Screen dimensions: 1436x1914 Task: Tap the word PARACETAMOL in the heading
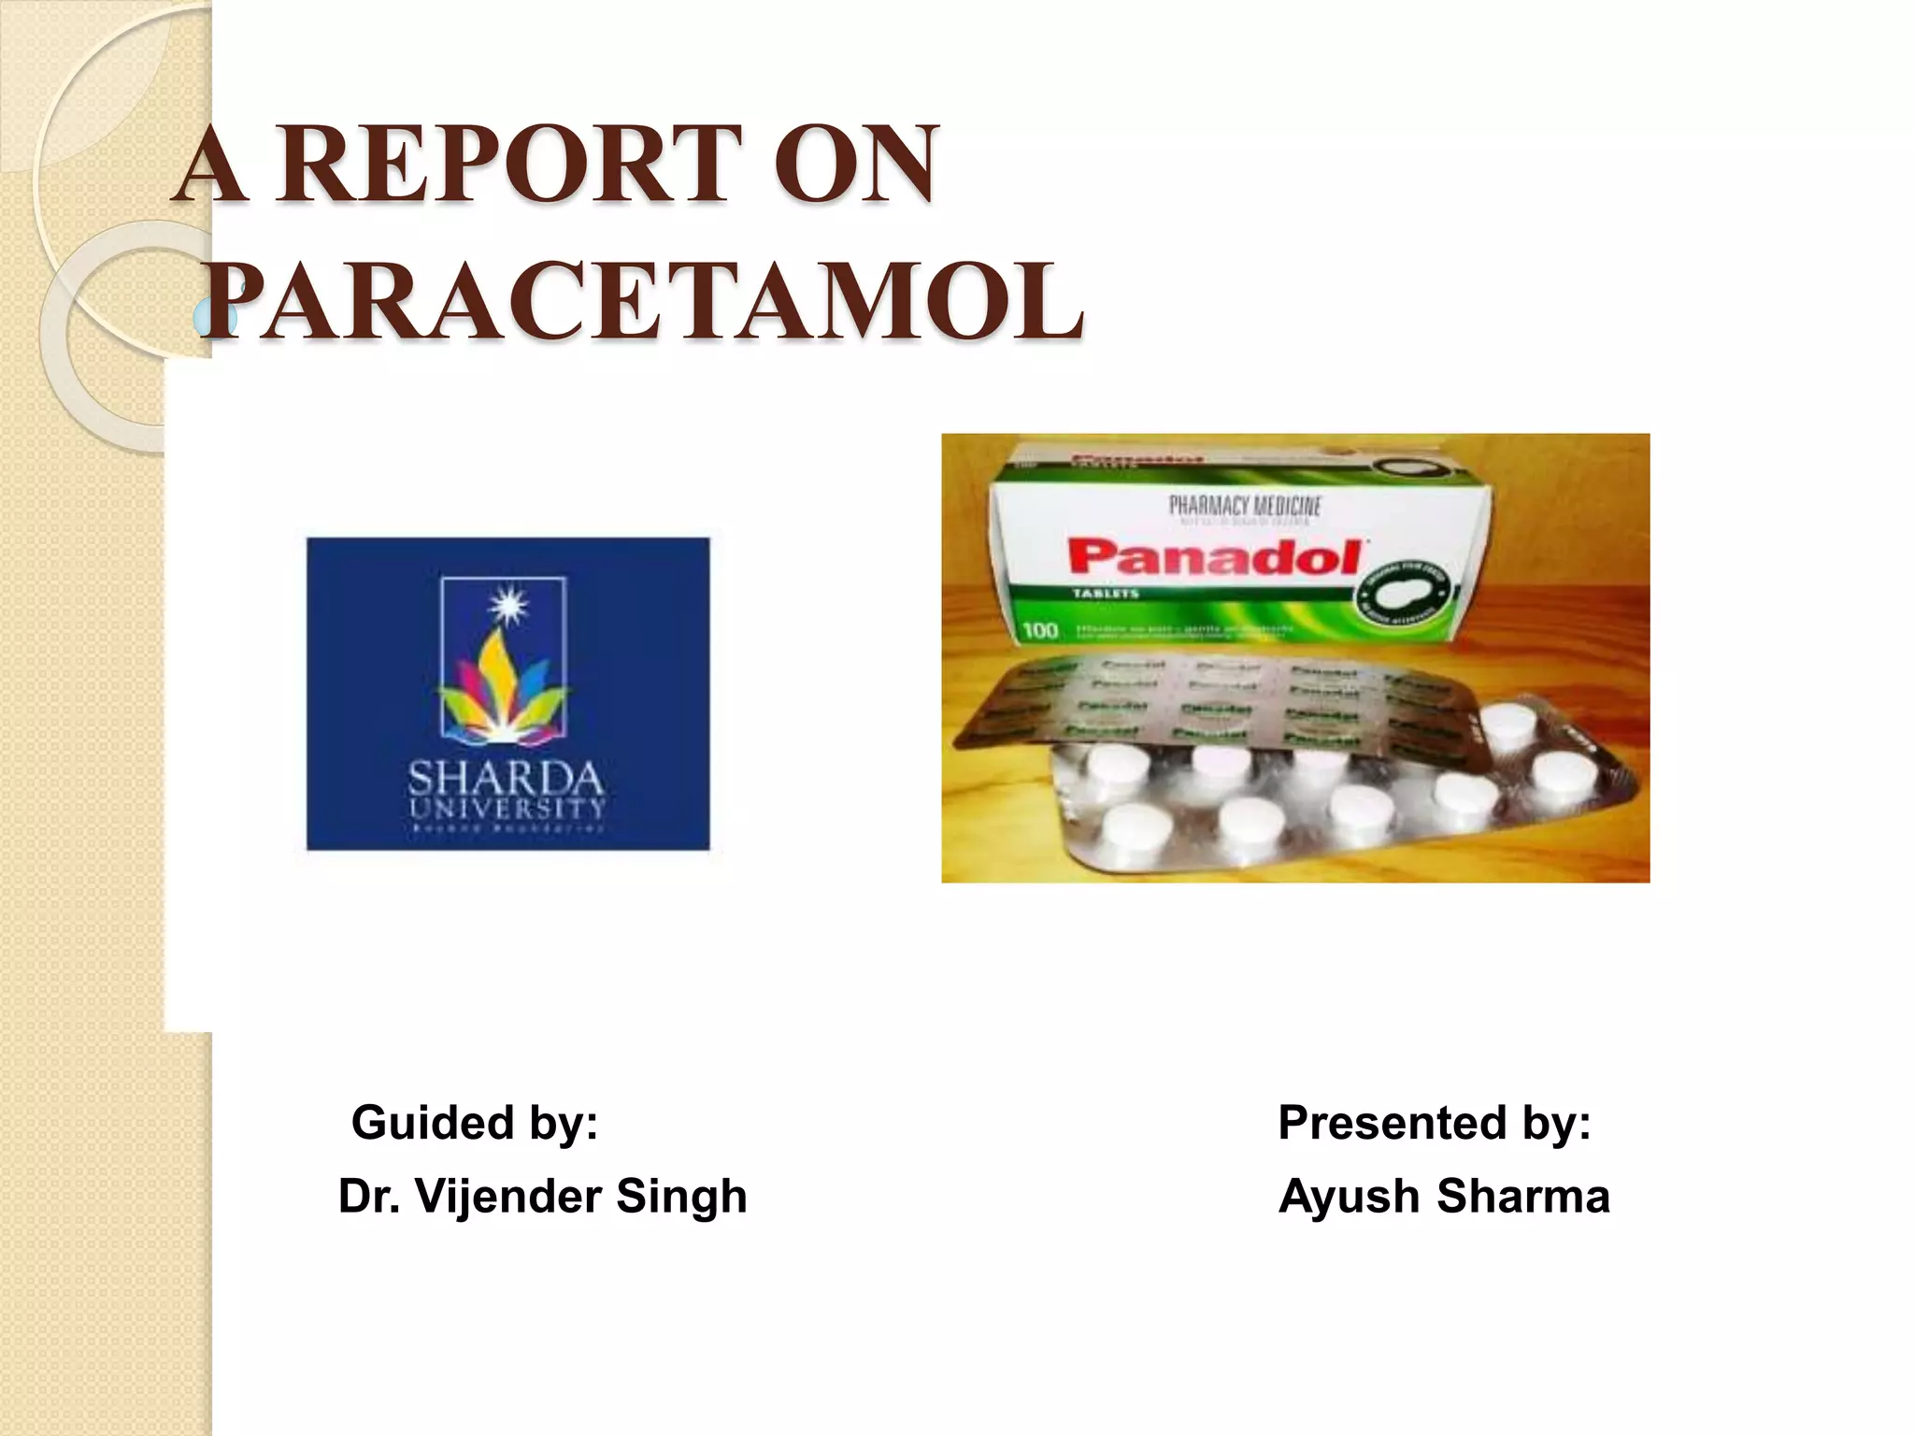[643, 301]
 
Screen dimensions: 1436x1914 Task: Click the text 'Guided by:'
[475, 1122]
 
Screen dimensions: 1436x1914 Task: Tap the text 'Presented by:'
[1434, 1122]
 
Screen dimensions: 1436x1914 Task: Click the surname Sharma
[1522, 1196]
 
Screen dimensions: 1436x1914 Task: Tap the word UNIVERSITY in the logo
[507, 807]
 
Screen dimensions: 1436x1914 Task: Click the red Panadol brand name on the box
[1214, 558]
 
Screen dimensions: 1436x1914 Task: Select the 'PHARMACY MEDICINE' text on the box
[1245, 506]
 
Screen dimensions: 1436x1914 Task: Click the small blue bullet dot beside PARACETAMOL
[204, 320]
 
